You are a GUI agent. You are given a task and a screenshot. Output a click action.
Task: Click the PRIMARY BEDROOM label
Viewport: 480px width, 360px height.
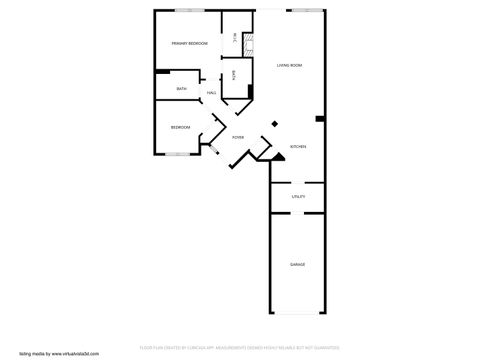(189, 44)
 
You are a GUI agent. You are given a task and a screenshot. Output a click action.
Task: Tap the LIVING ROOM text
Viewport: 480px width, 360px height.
(290, 65)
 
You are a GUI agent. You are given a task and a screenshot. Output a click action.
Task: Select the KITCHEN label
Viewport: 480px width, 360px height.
(298, 147)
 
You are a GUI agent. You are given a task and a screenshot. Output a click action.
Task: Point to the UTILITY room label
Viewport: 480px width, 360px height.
(298, 196)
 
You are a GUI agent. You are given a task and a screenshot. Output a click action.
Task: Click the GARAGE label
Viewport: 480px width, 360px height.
(298, 265)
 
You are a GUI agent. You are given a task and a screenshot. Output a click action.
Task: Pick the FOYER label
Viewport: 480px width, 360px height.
(238, 137)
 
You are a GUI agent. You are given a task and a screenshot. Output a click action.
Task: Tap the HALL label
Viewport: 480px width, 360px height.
(211, 93)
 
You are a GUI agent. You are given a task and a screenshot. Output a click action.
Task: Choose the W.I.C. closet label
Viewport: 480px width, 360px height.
(234, 38)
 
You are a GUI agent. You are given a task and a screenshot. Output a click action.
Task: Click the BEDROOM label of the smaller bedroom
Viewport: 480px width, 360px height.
(180, 127)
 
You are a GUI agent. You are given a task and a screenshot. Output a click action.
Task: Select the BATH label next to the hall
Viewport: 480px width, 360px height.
(181, 89)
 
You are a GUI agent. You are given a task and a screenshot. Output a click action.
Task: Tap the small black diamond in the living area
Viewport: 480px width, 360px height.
(275, 123)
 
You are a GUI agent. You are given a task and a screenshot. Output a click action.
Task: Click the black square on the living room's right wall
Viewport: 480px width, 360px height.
(319, 120)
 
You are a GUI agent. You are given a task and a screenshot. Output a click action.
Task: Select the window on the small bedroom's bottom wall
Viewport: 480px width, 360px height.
(180, 154)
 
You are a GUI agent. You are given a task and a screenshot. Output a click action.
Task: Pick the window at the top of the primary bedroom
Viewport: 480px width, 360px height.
(185, 10)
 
